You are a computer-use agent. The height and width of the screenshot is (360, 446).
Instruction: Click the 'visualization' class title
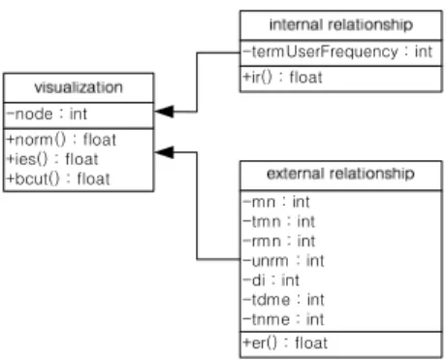tap(79, 87)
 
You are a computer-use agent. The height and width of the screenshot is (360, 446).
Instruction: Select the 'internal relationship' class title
tap(341, 25)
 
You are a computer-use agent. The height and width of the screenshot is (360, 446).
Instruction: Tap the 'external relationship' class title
tap(340, 174)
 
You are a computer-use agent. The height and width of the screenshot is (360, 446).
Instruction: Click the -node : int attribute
tap(47, 114)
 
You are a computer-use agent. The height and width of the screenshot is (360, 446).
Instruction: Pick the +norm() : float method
tap(61, 140)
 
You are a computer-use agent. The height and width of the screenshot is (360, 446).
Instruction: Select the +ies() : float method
tap(52, 159)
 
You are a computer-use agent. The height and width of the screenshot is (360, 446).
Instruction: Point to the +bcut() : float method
tap(58, 179)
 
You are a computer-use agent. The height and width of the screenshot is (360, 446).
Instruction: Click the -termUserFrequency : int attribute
tap(337, 51)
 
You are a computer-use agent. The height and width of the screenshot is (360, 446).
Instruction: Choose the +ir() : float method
tap(283, 78)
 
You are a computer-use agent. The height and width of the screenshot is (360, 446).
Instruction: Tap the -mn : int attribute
tap(276, 202)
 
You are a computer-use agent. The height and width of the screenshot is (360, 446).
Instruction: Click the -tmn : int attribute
tap(279, 221)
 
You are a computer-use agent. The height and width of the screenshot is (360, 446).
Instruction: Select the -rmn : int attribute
tap(279, 242)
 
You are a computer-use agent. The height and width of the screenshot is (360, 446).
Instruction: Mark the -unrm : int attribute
tap(283, 261)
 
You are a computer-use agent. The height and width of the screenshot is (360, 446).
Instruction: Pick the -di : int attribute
tap(271, 280)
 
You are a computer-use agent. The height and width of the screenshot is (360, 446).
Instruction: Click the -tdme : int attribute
tap(283, 300)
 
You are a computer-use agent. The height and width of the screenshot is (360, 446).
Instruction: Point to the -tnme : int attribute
tap(283, 319)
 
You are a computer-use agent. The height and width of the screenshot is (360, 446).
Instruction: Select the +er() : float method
tap(285, 344)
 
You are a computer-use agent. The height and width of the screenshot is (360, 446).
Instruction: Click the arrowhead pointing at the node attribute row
tap(164, 112)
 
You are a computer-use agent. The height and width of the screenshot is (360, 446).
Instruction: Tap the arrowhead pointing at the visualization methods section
tap(164, 152)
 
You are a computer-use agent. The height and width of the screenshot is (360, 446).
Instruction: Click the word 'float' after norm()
tap(100, 140)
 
